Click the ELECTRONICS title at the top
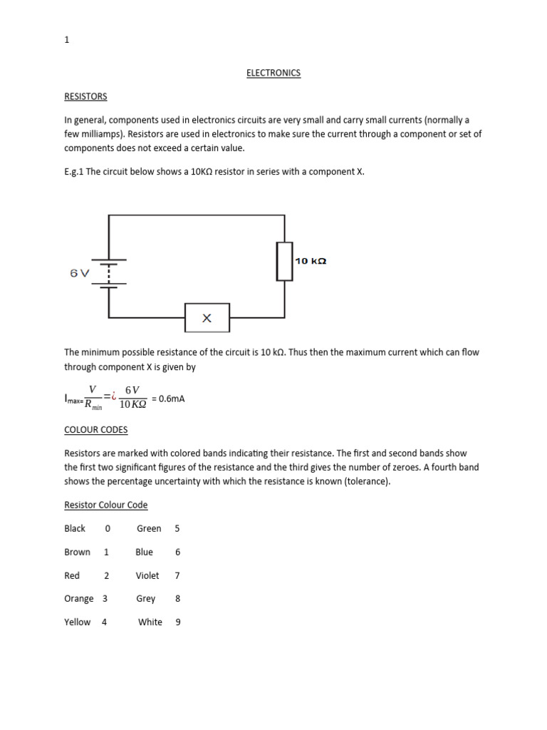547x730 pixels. click(273, 73)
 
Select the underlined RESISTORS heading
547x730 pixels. click(85, 96)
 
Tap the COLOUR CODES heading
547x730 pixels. click(96, 430)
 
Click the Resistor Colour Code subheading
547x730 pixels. click(106, 505)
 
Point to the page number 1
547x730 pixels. click(67, 40)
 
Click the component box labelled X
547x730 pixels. click(207, 318)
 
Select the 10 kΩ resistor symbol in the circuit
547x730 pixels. click(285, 261)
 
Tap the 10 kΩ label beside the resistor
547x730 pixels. click(311, 261)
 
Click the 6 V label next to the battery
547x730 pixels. click(80, 274)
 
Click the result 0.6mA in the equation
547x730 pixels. click(171, 399)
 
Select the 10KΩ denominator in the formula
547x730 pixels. click(132, 405)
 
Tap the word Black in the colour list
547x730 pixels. click(75, 528)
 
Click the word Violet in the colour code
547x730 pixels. click(147, 575)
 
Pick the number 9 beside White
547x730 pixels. click(178, 622)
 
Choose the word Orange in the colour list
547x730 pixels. click(78, 599)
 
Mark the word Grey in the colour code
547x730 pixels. click(146, 599)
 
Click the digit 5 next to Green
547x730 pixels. click(177, 528)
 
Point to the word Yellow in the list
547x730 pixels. click(78, 622)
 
